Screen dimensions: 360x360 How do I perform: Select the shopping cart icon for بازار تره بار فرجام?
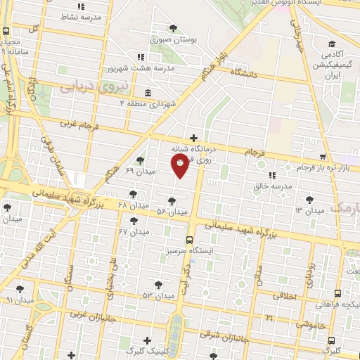tap(323, 157)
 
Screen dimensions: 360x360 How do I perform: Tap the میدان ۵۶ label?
tap(172, 212)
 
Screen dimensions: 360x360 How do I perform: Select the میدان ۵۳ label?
tap(158, 295)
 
